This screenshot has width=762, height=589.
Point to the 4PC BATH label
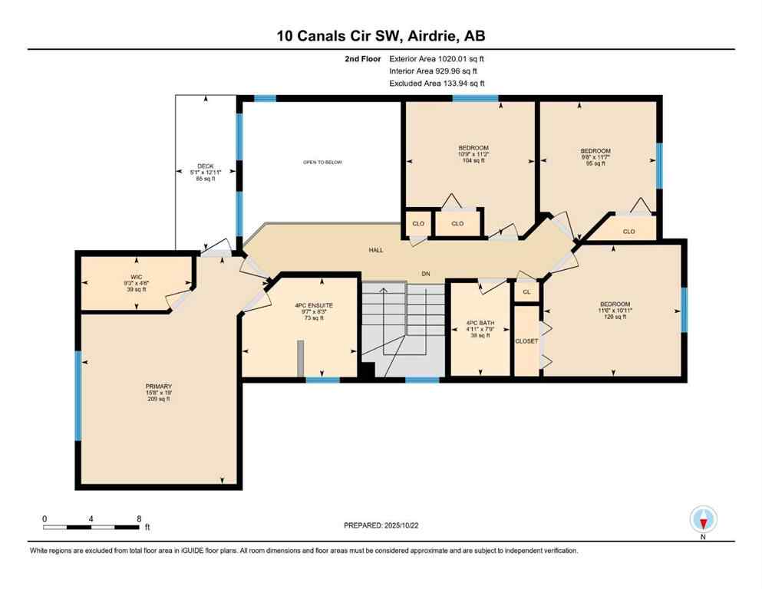click(480, 324)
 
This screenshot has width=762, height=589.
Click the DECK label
click(205, 166)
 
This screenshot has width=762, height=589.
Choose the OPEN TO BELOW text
click(322, 163)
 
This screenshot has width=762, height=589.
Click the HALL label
click(376, 250)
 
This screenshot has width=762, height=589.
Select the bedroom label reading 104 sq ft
click(473, 148)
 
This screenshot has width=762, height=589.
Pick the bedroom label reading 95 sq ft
click(595, 151)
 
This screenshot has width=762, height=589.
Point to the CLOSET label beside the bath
click(526, 341)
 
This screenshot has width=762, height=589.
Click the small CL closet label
click(526, 292)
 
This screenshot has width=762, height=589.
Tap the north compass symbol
click(703, 519)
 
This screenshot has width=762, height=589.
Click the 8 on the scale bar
click(139, 518)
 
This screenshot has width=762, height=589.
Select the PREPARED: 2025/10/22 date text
click(381, 525)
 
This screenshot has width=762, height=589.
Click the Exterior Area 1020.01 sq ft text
click(437, 58)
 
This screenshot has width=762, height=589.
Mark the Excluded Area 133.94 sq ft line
click(437, 84)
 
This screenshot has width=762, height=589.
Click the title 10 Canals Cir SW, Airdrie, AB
click(381, 35)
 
